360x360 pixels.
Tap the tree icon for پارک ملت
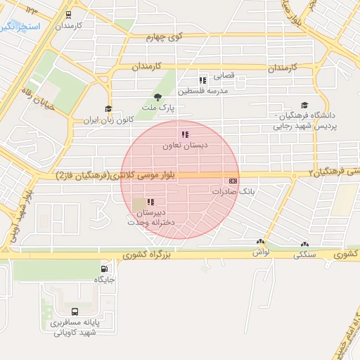point(157,97)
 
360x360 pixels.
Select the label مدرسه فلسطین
point(203,91)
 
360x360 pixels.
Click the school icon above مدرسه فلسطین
point(203,80)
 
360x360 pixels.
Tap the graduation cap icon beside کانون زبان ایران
point(108,108)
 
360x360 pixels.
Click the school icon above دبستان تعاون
point(185,134)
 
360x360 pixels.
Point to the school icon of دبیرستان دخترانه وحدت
point(150,202)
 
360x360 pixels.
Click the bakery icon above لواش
point(261,241)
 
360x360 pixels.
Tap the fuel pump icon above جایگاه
point(105,268)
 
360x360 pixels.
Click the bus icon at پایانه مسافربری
point(75,311)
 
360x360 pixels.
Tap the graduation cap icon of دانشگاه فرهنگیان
point(304,104)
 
